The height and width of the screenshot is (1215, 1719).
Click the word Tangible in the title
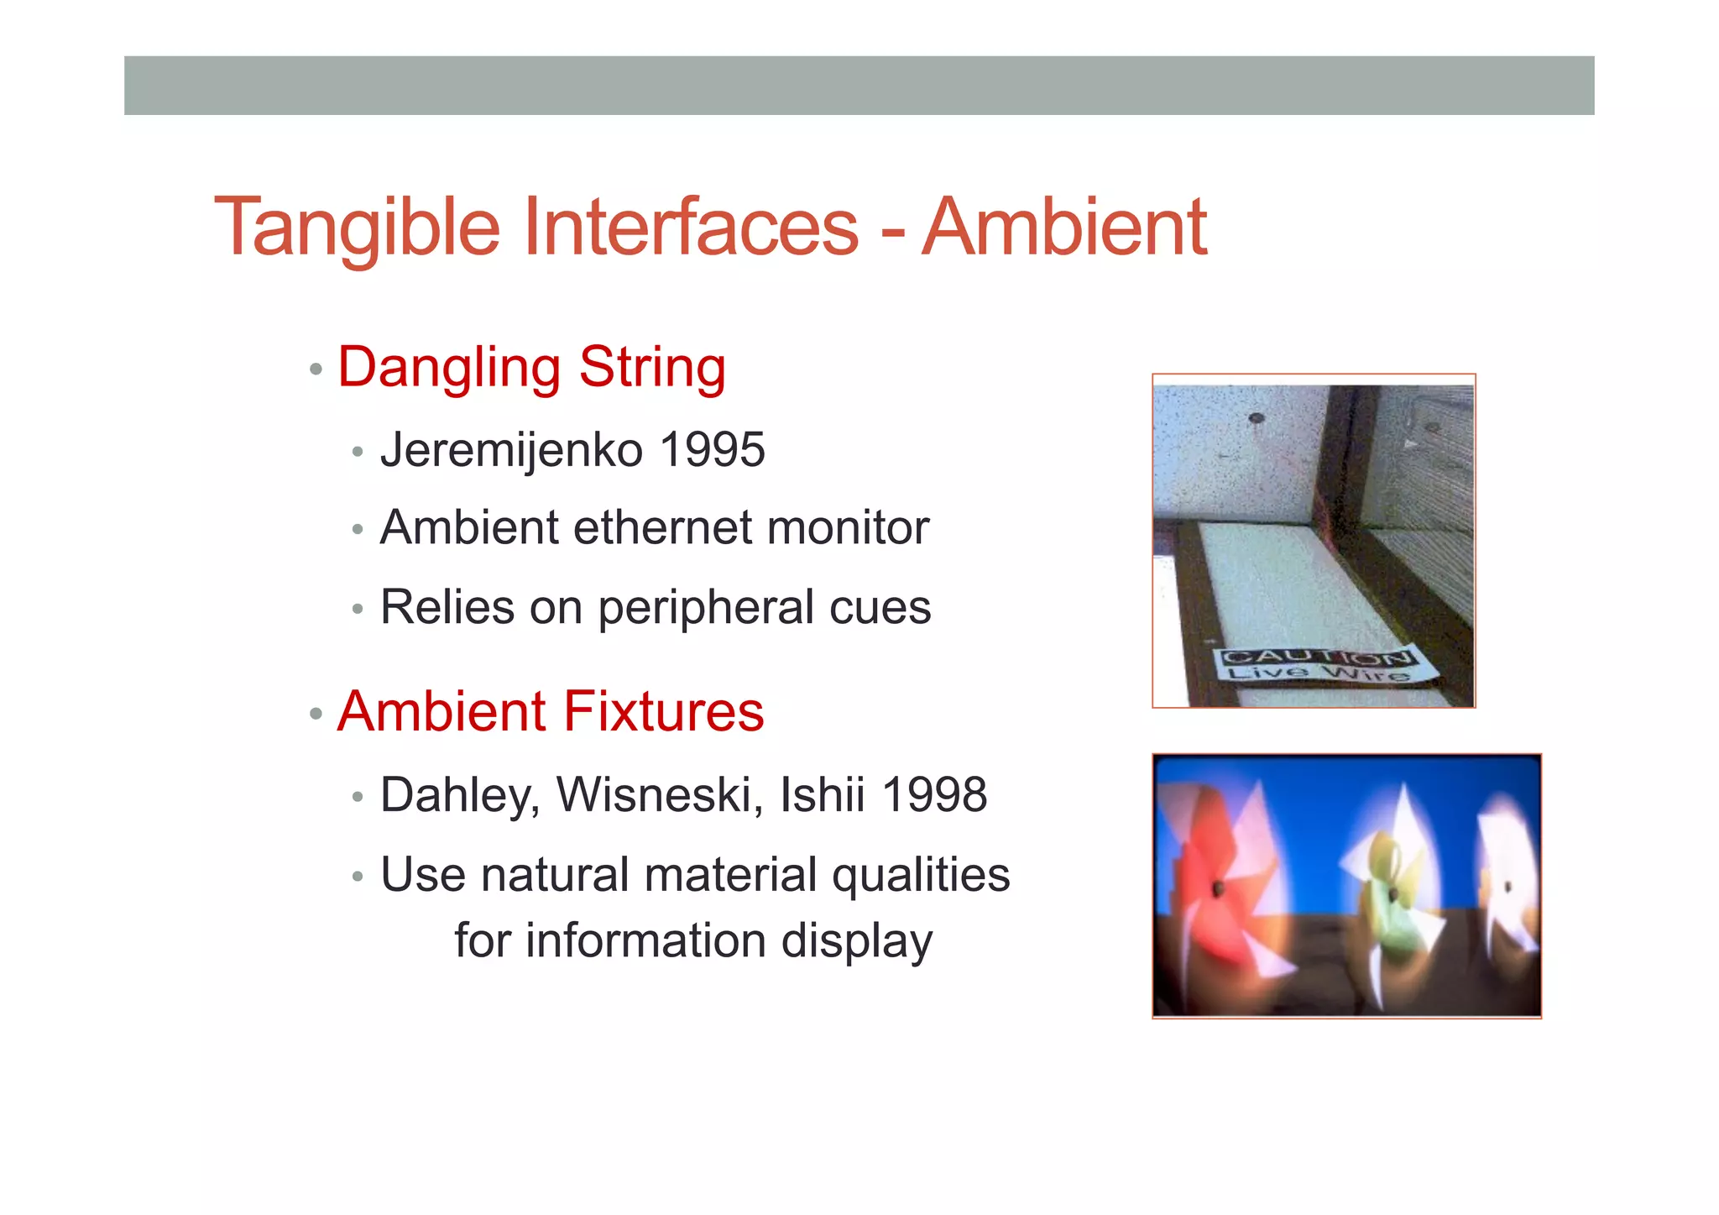[x=357, y=227]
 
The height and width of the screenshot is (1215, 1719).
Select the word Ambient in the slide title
[x=1063, y=227]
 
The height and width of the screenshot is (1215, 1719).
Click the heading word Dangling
[x=449, y=368]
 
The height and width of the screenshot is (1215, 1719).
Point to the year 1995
[x=712, y=449]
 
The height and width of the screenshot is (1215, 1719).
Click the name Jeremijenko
[x=512, y=450]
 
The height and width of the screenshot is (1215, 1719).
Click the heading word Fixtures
[x=663, y=711]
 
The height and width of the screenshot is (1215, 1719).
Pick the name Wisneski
[x=659, y=794]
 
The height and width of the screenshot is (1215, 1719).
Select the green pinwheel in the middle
[x=1389, y=890]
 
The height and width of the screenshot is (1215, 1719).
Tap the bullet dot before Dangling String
[x=316, y=369]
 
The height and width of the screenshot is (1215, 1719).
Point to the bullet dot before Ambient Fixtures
[x=316, y=714]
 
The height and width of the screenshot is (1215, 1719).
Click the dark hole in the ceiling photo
[x=1257, y=417]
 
